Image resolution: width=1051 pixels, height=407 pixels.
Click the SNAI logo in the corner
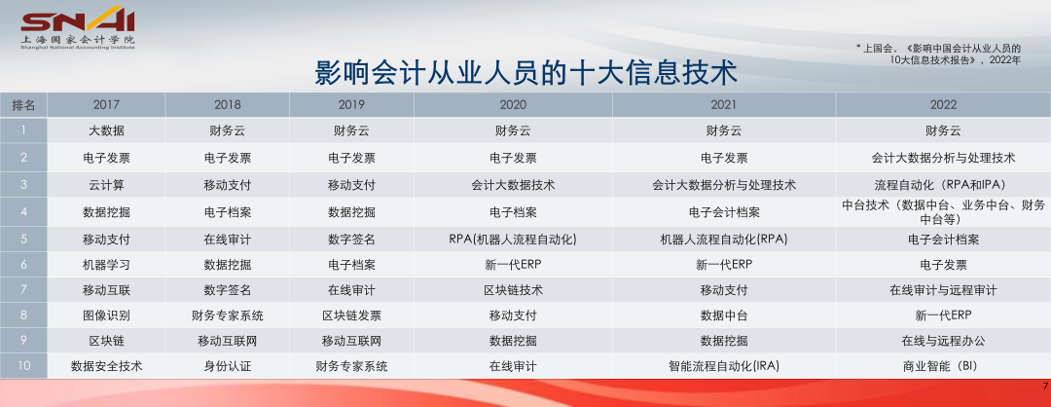click(78, 28)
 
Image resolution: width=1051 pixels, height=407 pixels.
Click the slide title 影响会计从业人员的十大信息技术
click(526, 73)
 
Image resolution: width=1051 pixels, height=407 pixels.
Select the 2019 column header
click(352, 104)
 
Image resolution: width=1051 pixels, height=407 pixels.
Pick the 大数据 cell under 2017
click(107, 130)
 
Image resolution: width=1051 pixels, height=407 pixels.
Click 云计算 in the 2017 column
click(107, 185)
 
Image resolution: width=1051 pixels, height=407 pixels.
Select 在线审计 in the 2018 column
click(228, 240)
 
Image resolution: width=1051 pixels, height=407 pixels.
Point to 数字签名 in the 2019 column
click(352, 240)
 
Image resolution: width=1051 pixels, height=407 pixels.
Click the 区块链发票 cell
click(352, 315)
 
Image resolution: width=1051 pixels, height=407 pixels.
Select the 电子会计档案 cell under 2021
click(725, 212)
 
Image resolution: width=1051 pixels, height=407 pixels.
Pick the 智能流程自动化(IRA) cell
click(725, 367)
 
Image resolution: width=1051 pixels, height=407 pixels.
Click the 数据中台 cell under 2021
click(725, 315)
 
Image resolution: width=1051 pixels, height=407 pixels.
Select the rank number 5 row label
click(23, 240)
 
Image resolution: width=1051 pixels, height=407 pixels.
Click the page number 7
click(1045, 386)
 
